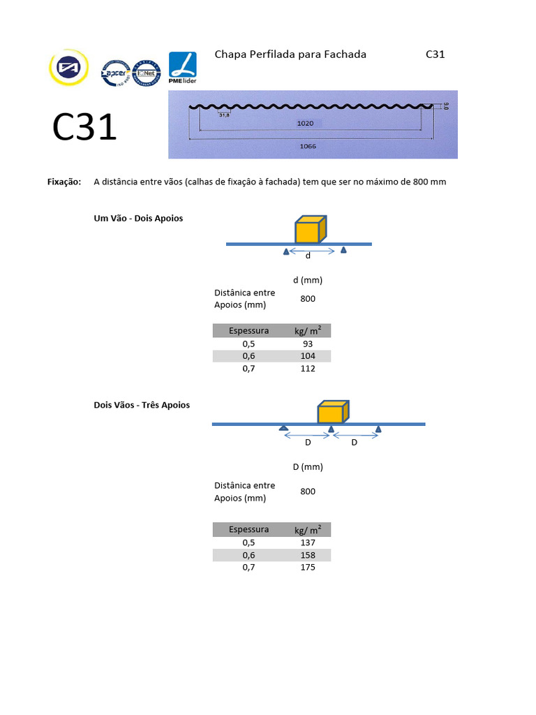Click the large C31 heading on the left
pos(85,128)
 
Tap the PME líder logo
pos(183,68)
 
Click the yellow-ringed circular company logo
pos(68,68)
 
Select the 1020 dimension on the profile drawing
pos(305,123)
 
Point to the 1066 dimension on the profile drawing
pos(308,147)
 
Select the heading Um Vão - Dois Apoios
pos(138,219)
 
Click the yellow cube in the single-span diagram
pos(310,230)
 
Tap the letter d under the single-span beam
pos(308,256)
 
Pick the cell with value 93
pos(308,344)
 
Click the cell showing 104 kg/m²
pos(308,356)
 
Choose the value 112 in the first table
pos(308,369)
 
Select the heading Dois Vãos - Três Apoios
pos(142,405)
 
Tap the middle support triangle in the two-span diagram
pos(332,429)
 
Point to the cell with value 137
pos(308,543)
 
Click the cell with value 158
pos(308,555)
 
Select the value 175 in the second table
pos(308,567)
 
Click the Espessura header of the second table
pos(248,529)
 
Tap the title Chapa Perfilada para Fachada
pos(290,54)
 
